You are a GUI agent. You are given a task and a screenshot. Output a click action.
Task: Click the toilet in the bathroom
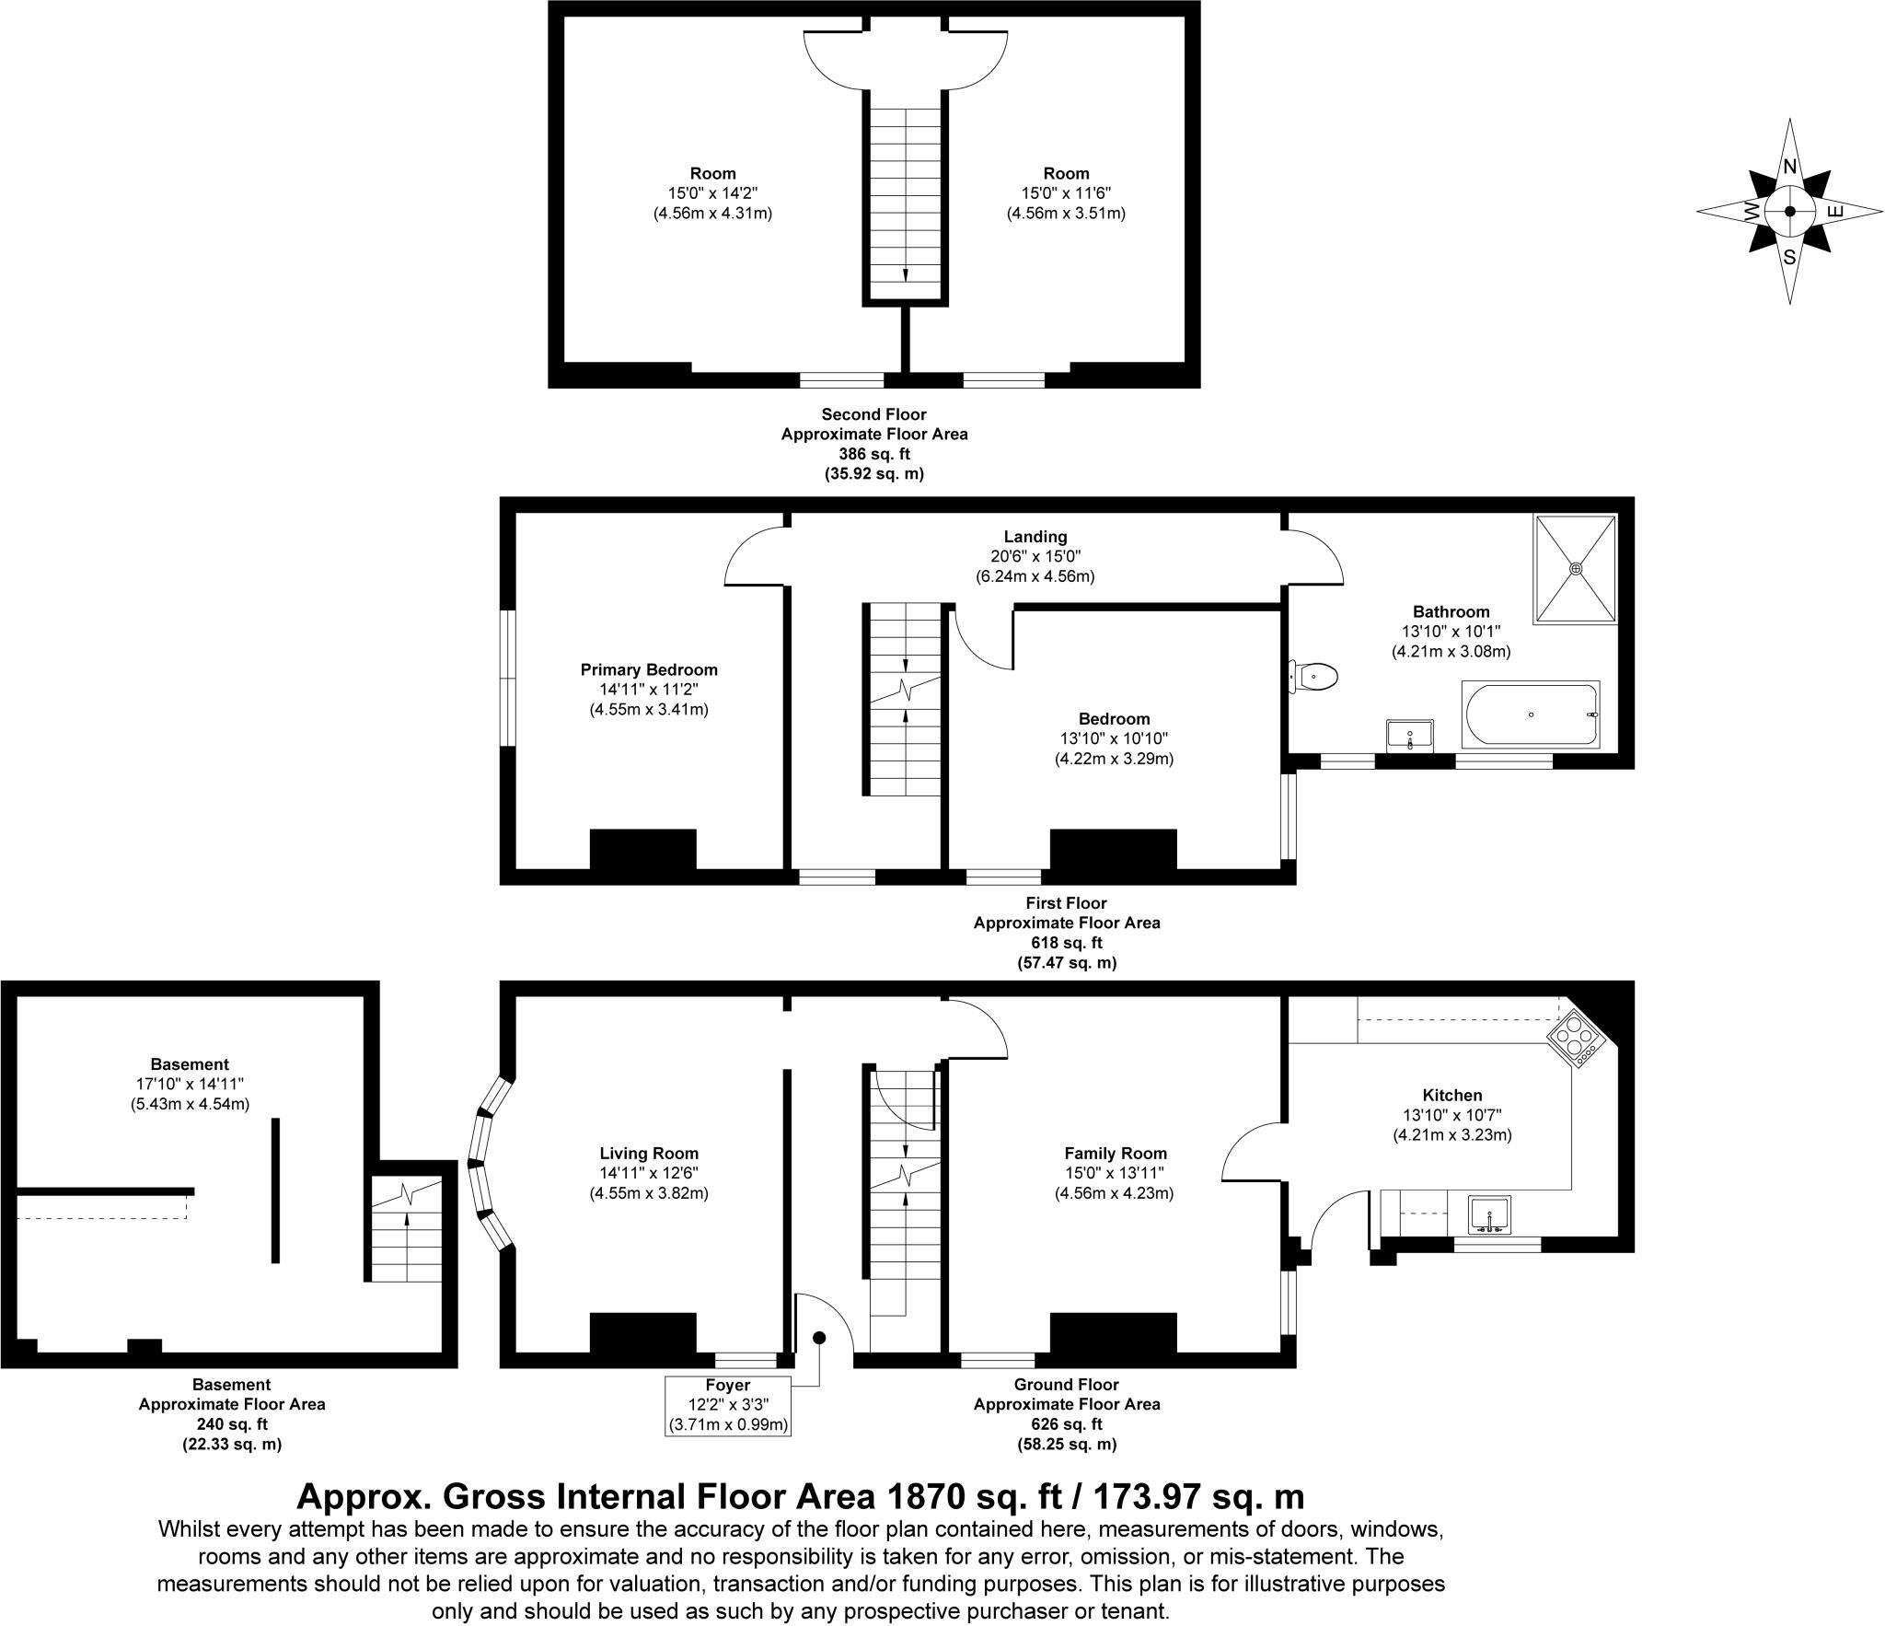coord(1314,677)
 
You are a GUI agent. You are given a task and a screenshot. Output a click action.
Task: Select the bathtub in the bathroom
coord(1530,714)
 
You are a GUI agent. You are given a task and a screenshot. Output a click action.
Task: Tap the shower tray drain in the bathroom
coord(1576,568)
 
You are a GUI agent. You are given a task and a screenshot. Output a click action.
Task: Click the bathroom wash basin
coord(1409,736)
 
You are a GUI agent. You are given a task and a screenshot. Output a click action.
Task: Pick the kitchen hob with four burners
coord(1577,1040)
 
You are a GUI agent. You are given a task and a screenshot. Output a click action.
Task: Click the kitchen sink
coord(1488,1214)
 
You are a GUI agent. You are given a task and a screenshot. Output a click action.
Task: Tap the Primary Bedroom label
coord(649,670)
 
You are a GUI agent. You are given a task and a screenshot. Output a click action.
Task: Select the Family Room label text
coord(1115,1154)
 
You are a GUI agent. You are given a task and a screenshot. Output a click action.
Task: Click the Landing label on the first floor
coord(1035,537)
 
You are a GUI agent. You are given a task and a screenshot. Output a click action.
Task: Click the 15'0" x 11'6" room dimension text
coord(1066,193)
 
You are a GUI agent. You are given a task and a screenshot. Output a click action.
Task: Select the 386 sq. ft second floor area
coord(873,454)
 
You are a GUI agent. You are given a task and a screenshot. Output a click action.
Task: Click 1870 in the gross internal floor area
coord(922,1496)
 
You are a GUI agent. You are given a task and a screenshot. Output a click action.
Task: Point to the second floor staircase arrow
coord(906,273)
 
